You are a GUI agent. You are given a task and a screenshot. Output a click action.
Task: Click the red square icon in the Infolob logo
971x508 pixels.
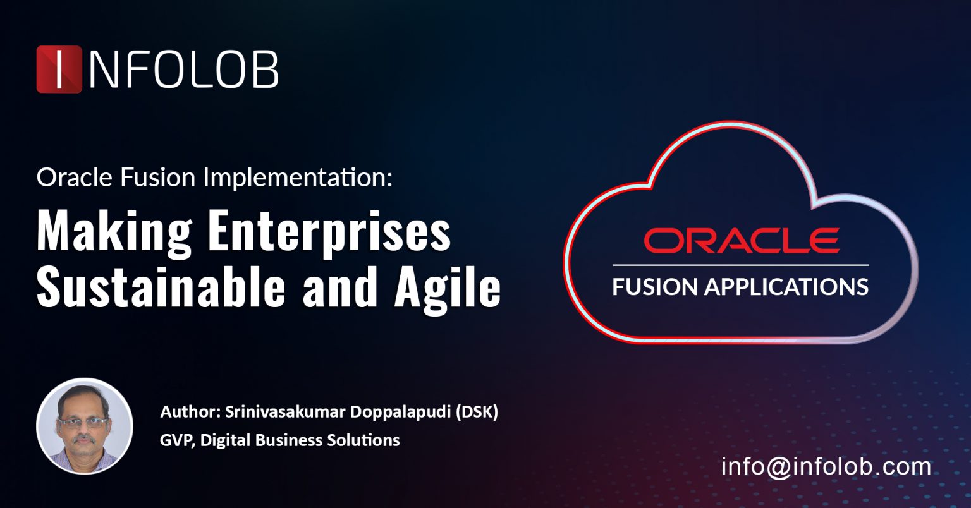(59, 70)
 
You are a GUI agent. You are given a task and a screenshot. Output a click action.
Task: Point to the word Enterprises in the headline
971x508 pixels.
(329, 233)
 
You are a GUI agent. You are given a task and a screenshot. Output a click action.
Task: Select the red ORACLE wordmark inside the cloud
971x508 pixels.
(741, 241)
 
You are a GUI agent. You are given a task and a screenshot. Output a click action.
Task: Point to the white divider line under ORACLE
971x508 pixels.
(741, 265)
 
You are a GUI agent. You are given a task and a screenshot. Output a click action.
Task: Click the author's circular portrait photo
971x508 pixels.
(84, 426)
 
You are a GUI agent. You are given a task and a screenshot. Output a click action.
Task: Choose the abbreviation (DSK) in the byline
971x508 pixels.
(477, 413)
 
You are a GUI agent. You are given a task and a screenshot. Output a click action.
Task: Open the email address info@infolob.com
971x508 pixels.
(826, 467)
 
